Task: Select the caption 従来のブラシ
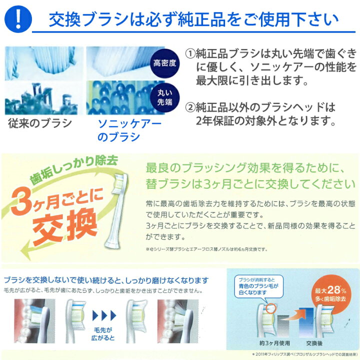tap(40, 123)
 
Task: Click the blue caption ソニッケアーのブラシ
tap(122, 129)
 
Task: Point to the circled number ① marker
tap(190, 53)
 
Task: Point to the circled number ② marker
tap(190, 107)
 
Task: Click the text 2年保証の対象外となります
tap(264, 120)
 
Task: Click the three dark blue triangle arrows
tap(104, 315)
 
